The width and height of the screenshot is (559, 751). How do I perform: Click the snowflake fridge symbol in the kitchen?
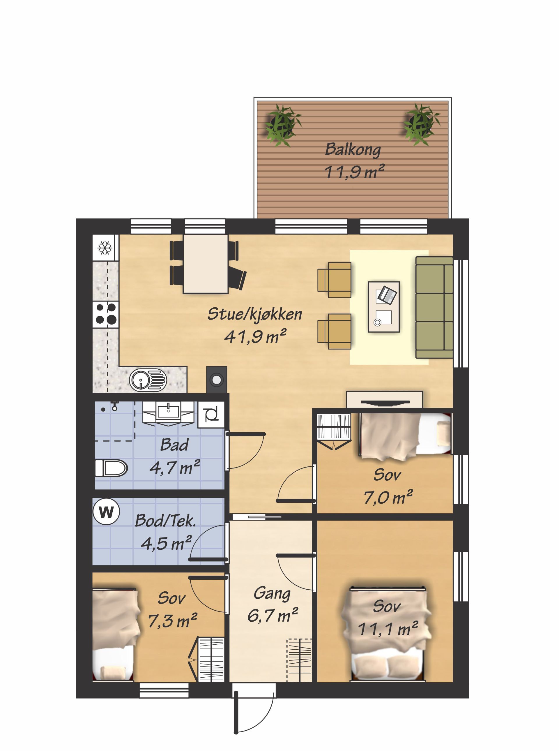(105, 248)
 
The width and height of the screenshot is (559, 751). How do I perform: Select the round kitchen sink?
(148, 380)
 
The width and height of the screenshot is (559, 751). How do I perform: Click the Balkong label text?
(353, 150)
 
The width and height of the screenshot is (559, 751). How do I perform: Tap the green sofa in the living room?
(434, 307)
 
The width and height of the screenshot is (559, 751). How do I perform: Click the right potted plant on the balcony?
(421, 124)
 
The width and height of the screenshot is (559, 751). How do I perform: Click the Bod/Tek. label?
(165, 521)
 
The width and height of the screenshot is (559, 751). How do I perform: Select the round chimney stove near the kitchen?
(217, 380)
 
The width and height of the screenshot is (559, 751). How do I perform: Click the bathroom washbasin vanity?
(168, 413)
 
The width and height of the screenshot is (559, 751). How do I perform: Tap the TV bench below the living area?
(384, 400)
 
